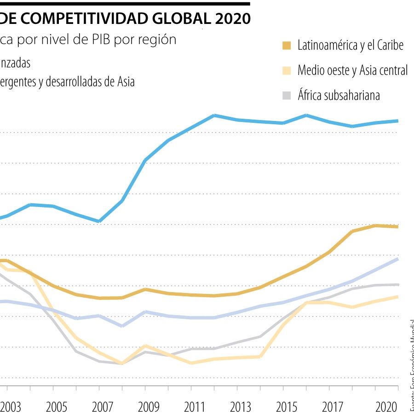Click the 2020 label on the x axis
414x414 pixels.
point(386,407)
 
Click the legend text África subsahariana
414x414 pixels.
point(339,95)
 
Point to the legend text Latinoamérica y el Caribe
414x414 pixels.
point(351,45)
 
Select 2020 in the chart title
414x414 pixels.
point(232,18)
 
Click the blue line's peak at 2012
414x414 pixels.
point(214,115)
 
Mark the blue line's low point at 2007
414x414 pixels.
point(99,221)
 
